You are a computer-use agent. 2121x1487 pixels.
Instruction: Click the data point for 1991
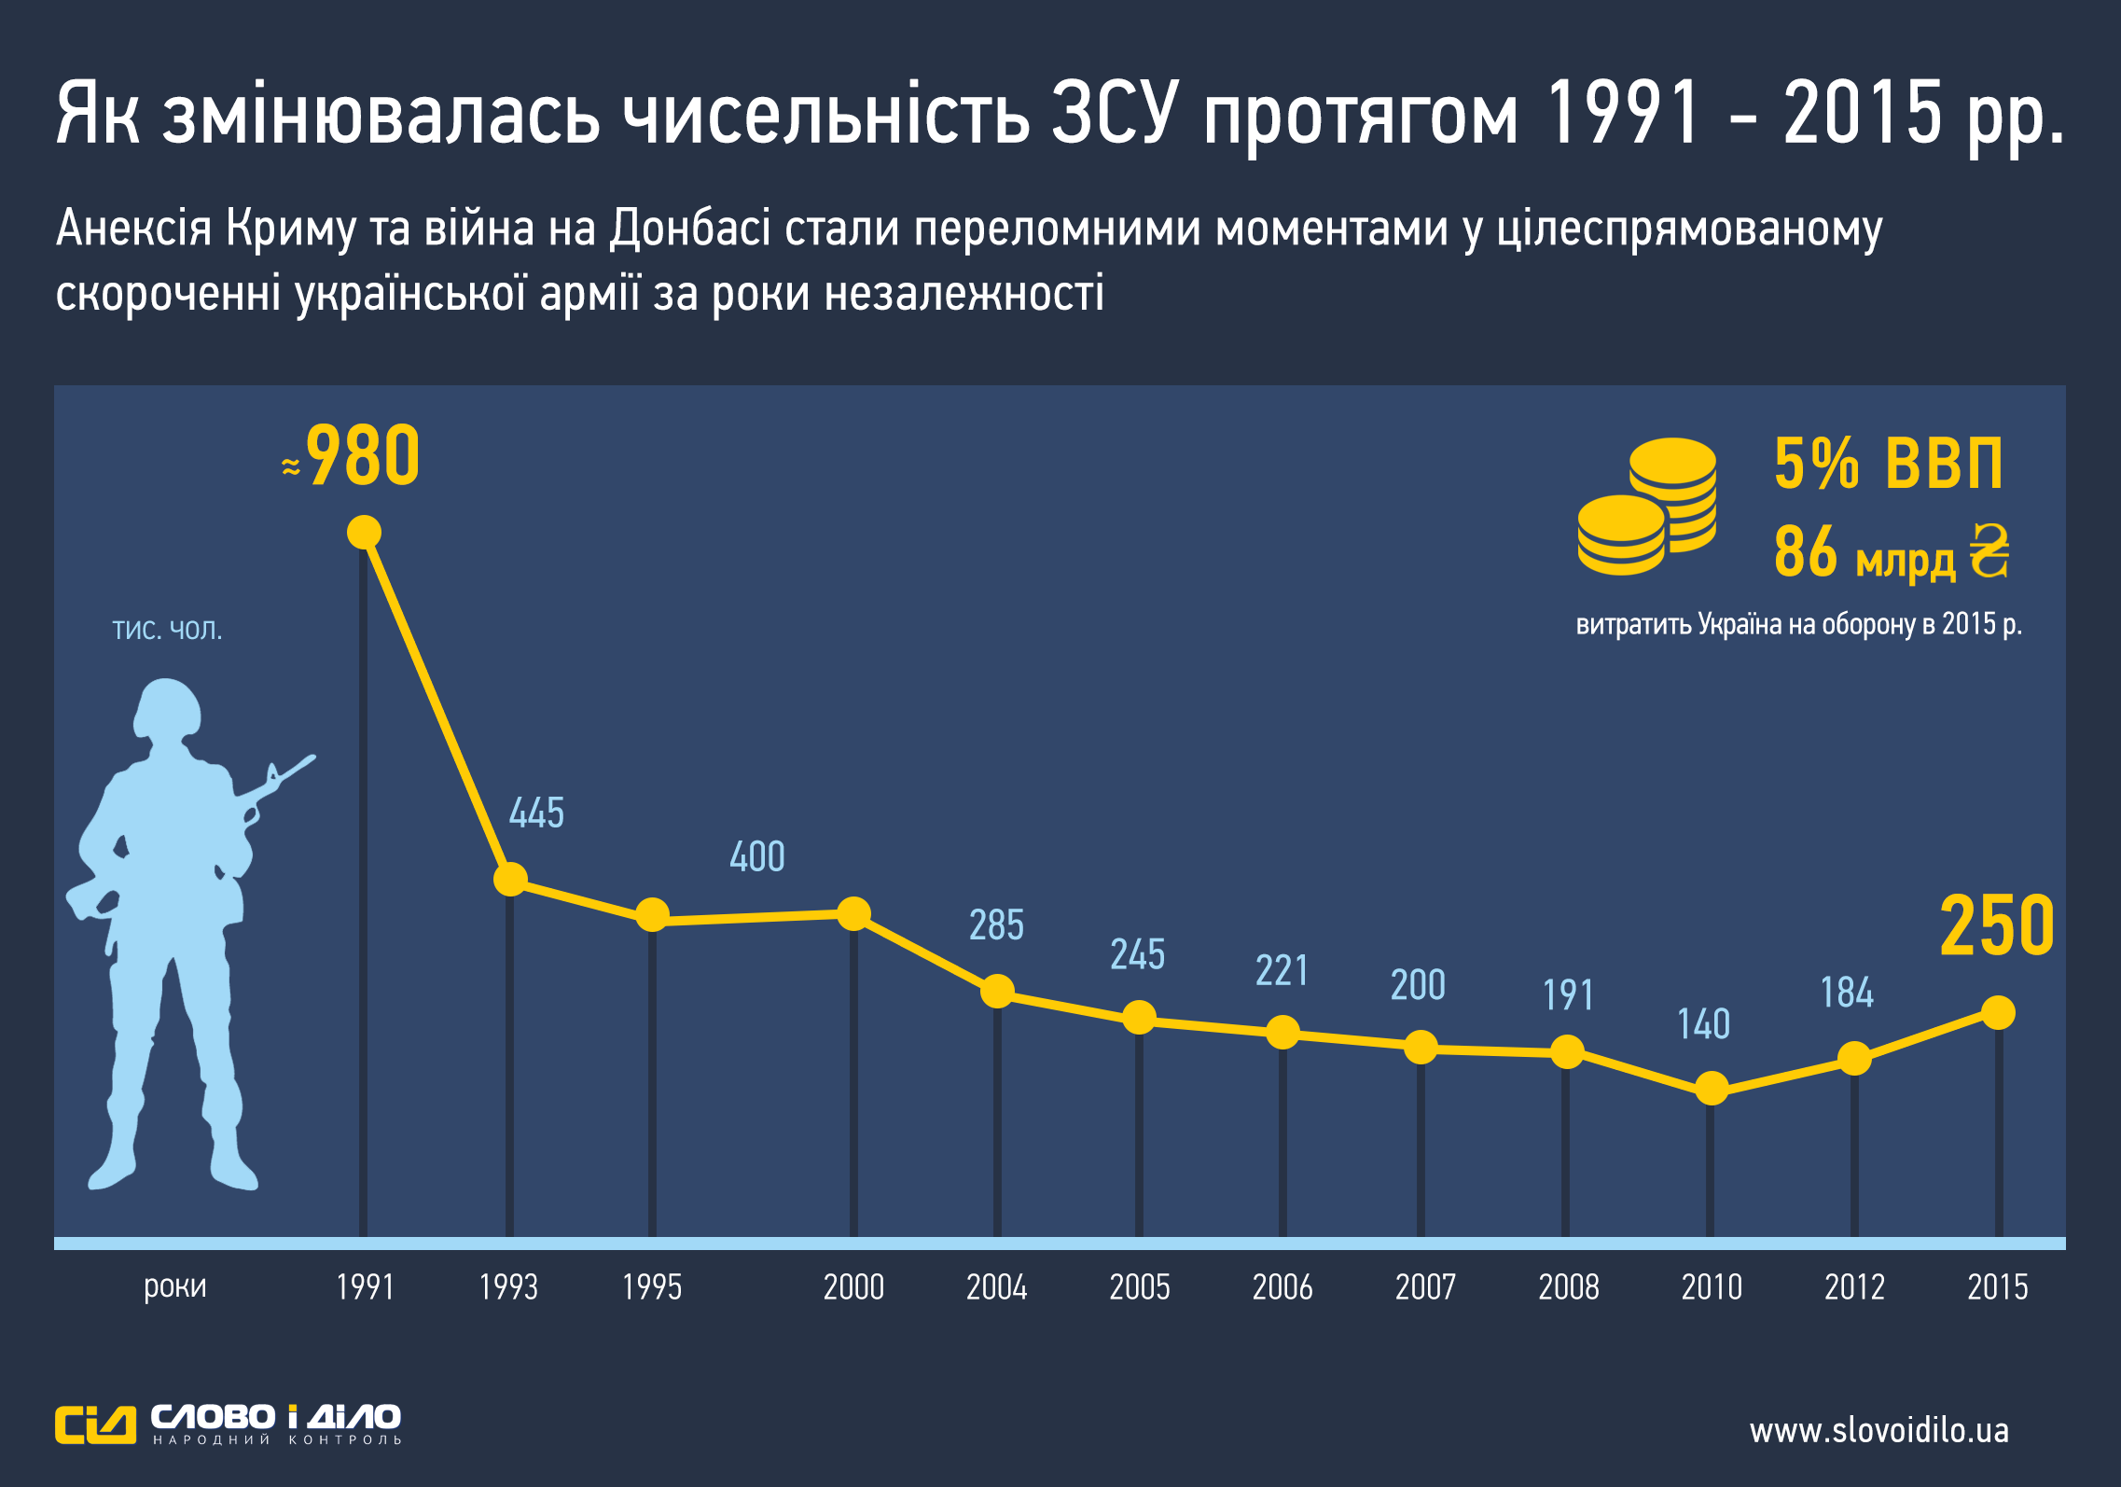click(364, 533)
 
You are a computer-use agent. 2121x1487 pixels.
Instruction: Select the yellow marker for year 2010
click(1711, 1088)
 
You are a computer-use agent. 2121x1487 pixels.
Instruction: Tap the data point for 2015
click(1998, 1012)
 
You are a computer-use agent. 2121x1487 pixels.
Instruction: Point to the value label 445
click(536, 813)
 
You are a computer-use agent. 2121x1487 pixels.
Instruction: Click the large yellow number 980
click(363, 456)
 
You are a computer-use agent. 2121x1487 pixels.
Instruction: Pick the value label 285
click(996, 925)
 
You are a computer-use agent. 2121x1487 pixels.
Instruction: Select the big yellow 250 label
click(1997, 926)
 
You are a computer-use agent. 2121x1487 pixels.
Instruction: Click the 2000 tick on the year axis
click(853, 1287)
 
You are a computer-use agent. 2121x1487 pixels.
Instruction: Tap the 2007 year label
click(1425, 1287)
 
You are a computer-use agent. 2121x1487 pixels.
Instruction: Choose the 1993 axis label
click(508, 1287)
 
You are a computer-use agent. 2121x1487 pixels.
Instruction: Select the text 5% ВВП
click(1888, 464)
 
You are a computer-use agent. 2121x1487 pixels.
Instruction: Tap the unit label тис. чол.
click(167, 630)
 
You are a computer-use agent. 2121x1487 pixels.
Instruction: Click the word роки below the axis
click(174, 1286)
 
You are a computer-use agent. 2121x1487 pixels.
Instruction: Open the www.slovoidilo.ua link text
click(1878, 1430)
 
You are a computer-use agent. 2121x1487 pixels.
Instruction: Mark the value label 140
click(1703, 1024)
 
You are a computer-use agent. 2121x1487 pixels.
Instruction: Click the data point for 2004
click(997, 991)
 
